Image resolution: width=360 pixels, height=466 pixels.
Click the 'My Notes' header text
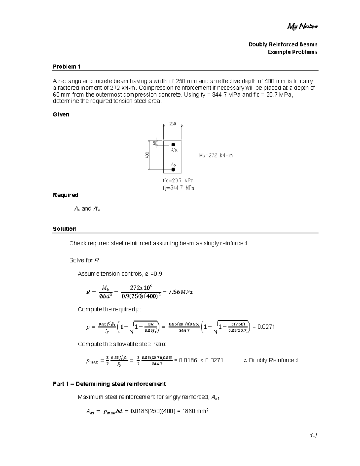pyautogui.click(x=302, y=27)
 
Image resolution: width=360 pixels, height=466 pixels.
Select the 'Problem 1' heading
pyautogui.click(x=67, y=67)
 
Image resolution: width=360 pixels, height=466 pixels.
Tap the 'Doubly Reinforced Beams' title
pyautogui.click(x=283, y=44)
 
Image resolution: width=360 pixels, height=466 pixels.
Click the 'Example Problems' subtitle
pyautogui.click(x=292, y=52)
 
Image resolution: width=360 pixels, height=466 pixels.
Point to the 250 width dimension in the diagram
pyautogui.click(x=172, y=124)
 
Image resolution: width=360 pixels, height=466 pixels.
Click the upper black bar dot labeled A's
pyautogui.click(x=173, y=145)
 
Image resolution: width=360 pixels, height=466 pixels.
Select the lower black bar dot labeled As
pyautogui.click(x=173, y=170)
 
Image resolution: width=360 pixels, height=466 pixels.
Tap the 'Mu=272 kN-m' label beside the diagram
pyautogui.click(x=216, y=155)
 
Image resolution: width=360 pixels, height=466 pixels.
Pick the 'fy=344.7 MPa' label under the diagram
pyautogui.click(x=178, y=188)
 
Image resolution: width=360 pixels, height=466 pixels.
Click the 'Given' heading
pyautogui.click(x=61, y=115)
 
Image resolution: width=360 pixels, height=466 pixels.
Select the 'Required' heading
pyautogui.click(x=65, y=195)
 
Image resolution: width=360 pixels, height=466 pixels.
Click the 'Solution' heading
pyautogui.click(x=64, y=229)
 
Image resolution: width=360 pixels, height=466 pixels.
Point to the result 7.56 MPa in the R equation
pyautogui.click(x=181, y=292)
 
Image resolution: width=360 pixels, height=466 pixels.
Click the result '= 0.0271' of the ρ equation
pyautogui.click(x=263, y=327)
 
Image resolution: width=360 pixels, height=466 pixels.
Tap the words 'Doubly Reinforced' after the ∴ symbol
pyautogui.click(x=273, y=360)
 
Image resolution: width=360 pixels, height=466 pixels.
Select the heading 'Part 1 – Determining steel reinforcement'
pyautogui.click(x=109, y=384)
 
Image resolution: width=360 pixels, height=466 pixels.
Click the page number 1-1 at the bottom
pyautogui.click(x=314, y=435)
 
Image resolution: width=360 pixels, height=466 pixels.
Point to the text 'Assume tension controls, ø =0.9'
pyautogui.click(x=120, y=274)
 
